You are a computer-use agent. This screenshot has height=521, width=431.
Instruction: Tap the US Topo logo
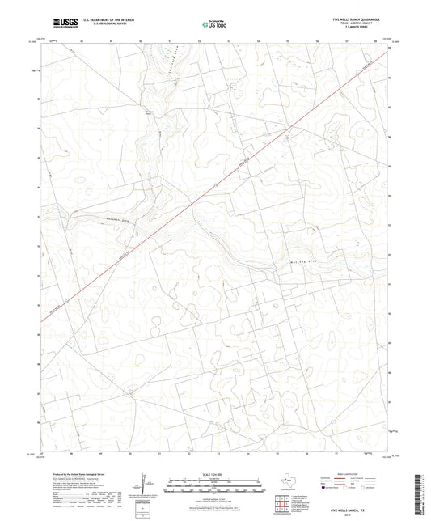pyautogui.click(x=215, y=25)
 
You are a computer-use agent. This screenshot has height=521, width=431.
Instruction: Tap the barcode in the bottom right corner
pyautogui.click(x=423, y=496)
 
